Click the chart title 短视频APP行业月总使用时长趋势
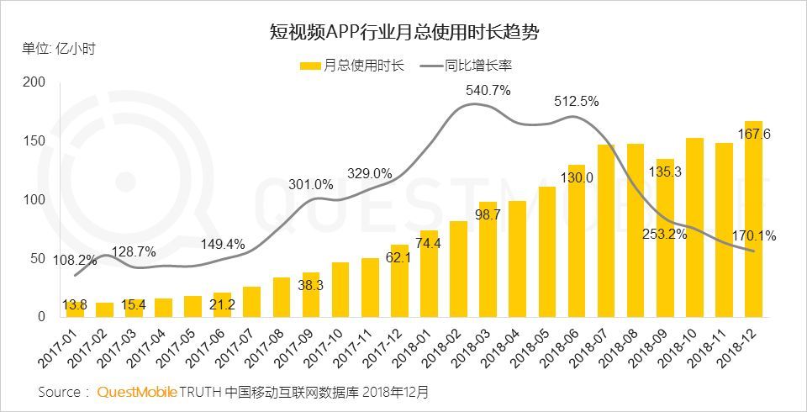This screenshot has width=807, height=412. [403, 33]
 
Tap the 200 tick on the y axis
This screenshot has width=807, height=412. [34, 82]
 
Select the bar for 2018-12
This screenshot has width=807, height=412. [753, 219]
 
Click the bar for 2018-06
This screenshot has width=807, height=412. [577, 240]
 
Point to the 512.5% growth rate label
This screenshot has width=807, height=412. [576, 101]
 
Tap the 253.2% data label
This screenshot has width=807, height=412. [665, 235]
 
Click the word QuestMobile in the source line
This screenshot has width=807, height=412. [138, 392]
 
